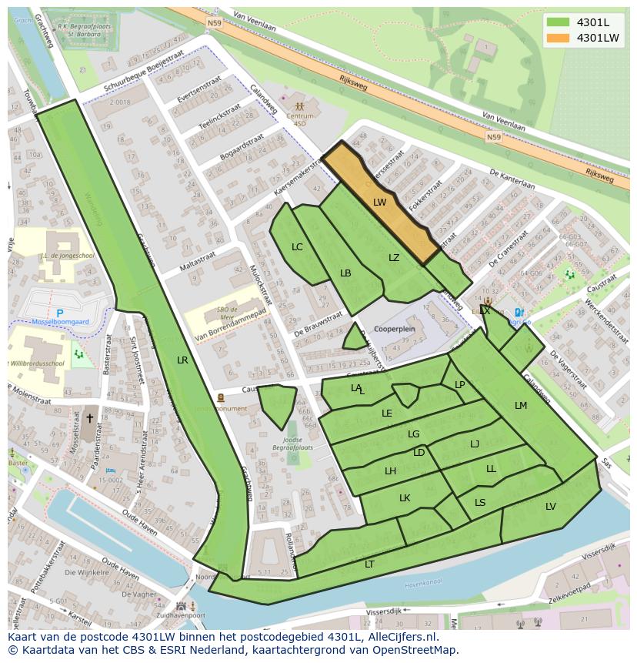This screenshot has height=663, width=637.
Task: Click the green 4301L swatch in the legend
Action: tap(558, 22)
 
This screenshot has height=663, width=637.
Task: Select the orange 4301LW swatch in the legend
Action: tap(558, 38)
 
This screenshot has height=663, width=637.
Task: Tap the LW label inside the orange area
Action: tap(379, 203)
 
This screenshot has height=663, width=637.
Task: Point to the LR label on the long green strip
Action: tap(182, 360)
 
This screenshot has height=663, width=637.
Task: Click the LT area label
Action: tap(369, 564)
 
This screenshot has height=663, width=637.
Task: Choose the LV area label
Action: tap(551, 506)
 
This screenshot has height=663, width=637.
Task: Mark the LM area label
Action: tap(521, 405)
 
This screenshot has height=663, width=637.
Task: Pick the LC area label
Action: tap(297, 247)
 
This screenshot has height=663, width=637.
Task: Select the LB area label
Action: tap(345, 273)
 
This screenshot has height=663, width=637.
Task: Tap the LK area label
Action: tap(405, 498)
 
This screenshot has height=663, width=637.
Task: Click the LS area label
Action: tap(480, 503)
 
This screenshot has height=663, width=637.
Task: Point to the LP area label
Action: tap(460, 385)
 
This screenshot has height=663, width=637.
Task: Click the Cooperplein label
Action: tap(394, 329)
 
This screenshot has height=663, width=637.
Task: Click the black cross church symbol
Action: tap(89, 418)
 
